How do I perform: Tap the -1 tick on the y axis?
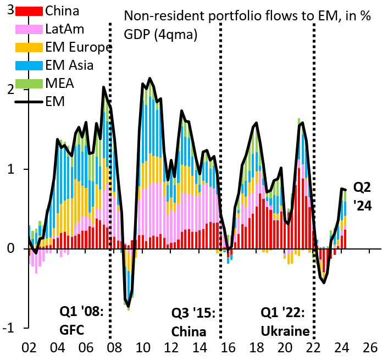point(9,328)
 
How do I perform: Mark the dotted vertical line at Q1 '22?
point(314,165)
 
